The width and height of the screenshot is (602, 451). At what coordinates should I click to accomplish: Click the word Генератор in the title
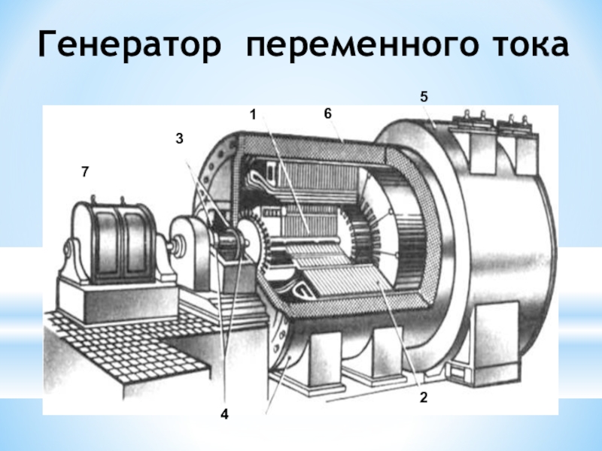pos(129,44)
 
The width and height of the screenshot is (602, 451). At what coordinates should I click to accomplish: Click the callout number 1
pos(253,114)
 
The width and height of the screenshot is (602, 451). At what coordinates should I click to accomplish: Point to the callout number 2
pos(424,398)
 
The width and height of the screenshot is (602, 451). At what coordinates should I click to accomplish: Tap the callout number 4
pos(224,414)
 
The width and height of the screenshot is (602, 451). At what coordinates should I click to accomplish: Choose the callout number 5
pos(424,97)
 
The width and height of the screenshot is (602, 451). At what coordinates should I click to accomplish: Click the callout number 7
pos(85,172)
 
